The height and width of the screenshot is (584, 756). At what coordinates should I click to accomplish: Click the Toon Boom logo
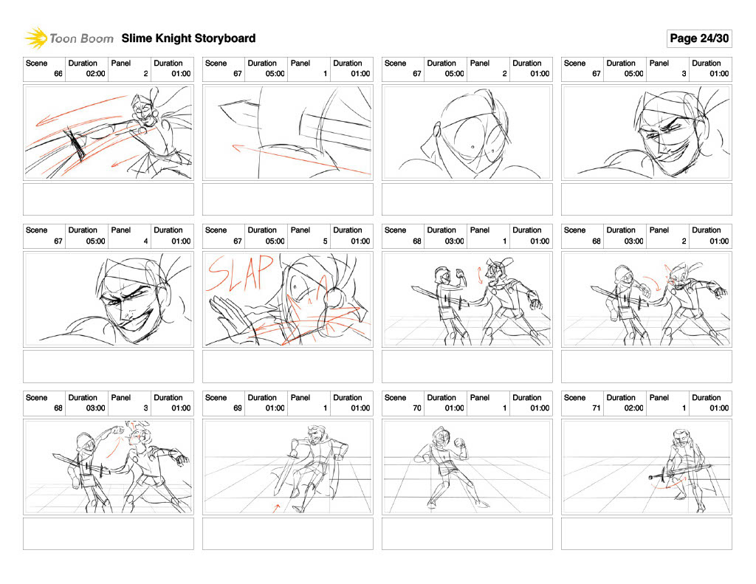[x=69, y=38]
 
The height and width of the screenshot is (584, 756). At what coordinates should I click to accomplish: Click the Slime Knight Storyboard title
[x=188, y=38]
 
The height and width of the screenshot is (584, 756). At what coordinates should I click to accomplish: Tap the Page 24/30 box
[x=699, y=38]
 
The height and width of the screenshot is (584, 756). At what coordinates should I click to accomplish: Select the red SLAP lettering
[x=240, y=273]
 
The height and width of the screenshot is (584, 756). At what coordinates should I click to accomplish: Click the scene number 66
[x=58, y=74]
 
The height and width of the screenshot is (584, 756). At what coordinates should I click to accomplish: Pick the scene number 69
[x=237, y=408]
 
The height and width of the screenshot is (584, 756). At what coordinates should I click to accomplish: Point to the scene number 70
[x=416, y=408]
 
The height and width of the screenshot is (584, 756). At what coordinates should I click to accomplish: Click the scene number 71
[x=596, y=408]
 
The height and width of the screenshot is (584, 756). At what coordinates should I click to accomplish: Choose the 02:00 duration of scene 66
[x=95, y=74]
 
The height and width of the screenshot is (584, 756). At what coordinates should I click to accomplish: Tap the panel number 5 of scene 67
[x=325, y=241]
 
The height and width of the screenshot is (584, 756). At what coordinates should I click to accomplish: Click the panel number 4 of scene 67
[x=145, y=241]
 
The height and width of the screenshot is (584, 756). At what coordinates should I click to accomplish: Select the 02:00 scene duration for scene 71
[x=633, y=408]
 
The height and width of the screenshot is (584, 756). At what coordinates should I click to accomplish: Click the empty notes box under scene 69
[x=288, y=534]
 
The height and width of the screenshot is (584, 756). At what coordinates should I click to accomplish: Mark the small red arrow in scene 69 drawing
[x=276, y=507]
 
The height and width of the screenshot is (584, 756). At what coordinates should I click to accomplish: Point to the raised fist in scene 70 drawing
[x=459, y=442]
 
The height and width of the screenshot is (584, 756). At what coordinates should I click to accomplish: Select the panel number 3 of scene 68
[x=145, y=408]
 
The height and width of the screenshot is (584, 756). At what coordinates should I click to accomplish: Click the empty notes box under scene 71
[x=647, y=534]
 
